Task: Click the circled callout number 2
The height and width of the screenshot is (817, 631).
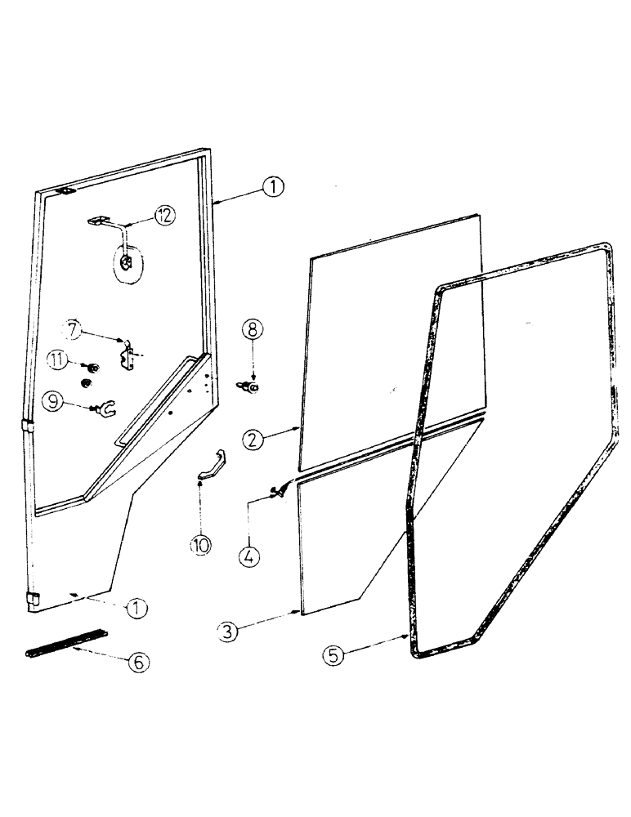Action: click(253, 438)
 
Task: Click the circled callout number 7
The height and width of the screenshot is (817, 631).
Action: click(74, 330)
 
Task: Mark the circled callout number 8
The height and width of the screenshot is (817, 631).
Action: click(253, 329)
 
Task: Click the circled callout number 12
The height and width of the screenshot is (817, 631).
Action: click(166, 216)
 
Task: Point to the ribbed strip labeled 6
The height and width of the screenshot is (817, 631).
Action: click(65, 641)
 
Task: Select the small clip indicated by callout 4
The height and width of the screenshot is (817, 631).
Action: click(280, 490)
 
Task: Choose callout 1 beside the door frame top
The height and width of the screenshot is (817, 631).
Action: click(273, 187)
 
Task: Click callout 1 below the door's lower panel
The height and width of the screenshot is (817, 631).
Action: click(137, 609)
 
